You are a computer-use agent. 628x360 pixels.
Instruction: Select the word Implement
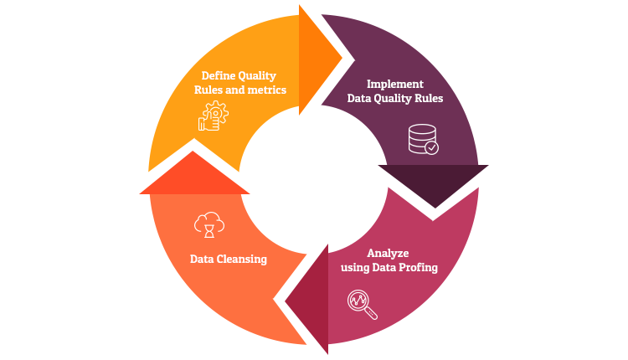(x=395, y=84)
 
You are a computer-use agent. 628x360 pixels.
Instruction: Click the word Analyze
(x=389, y=253)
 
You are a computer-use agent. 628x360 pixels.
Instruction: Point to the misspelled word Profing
(x=416, y=268)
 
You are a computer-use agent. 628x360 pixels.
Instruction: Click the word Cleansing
(x=243, y=259)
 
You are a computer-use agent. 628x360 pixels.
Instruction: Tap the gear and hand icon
(x=213, y=116)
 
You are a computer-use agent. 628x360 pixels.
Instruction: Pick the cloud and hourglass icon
(x=209, y=224)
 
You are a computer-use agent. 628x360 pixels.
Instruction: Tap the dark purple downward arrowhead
(x=433, y=183)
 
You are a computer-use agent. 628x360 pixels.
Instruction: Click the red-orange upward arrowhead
(x=194, y=174)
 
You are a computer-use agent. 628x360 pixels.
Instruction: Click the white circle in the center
(x=314, y=180)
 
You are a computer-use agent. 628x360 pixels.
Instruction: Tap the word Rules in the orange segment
(x=209, y=90)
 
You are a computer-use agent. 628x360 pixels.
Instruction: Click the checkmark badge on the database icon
(x=431, y=147)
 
